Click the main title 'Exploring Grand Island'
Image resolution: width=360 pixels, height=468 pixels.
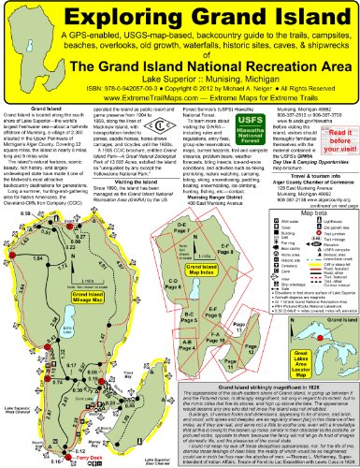coord(180,16)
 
